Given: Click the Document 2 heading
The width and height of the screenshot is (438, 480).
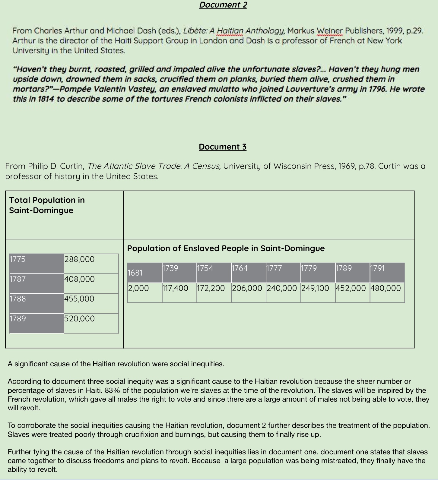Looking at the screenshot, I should click(223, 5).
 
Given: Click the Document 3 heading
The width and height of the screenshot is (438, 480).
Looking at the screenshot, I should click(223, 147).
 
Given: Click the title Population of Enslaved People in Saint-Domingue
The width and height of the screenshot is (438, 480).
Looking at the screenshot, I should click(226, 248).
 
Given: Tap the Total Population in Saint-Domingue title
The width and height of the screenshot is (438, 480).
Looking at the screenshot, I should click(47, 205).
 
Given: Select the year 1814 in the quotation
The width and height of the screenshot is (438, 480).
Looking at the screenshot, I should click(46, 99).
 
